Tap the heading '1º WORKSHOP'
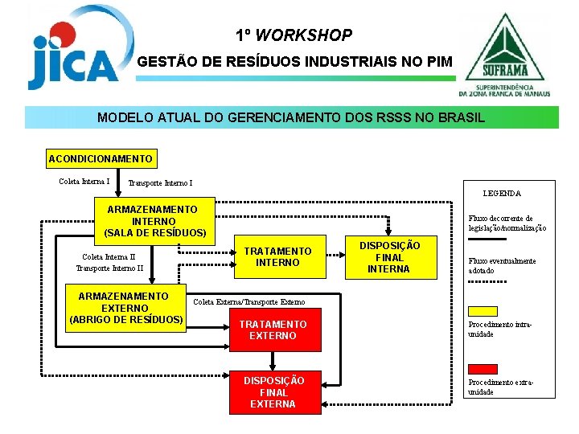(294, 36)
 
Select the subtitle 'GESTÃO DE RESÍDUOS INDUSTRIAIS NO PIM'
(295, 61)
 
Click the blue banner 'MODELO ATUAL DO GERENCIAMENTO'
(291, 117)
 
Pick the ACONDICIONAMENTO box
(101, 158)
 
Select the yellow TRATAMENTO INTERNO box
(277, 257)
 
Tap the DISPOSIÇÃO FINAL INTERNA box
(388, 257)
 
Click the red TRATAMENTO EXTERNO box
(273, 330)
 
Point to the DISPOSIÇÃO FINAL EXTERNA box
(273, 392)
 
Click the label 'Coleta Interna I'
(84, 181)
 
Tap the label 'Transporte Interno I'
(160, 183)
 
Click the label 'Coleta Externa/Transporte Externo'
(249, 302)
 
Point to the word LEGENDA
(502, 194)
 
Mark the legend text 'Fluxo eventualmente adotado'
(502, 266)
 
